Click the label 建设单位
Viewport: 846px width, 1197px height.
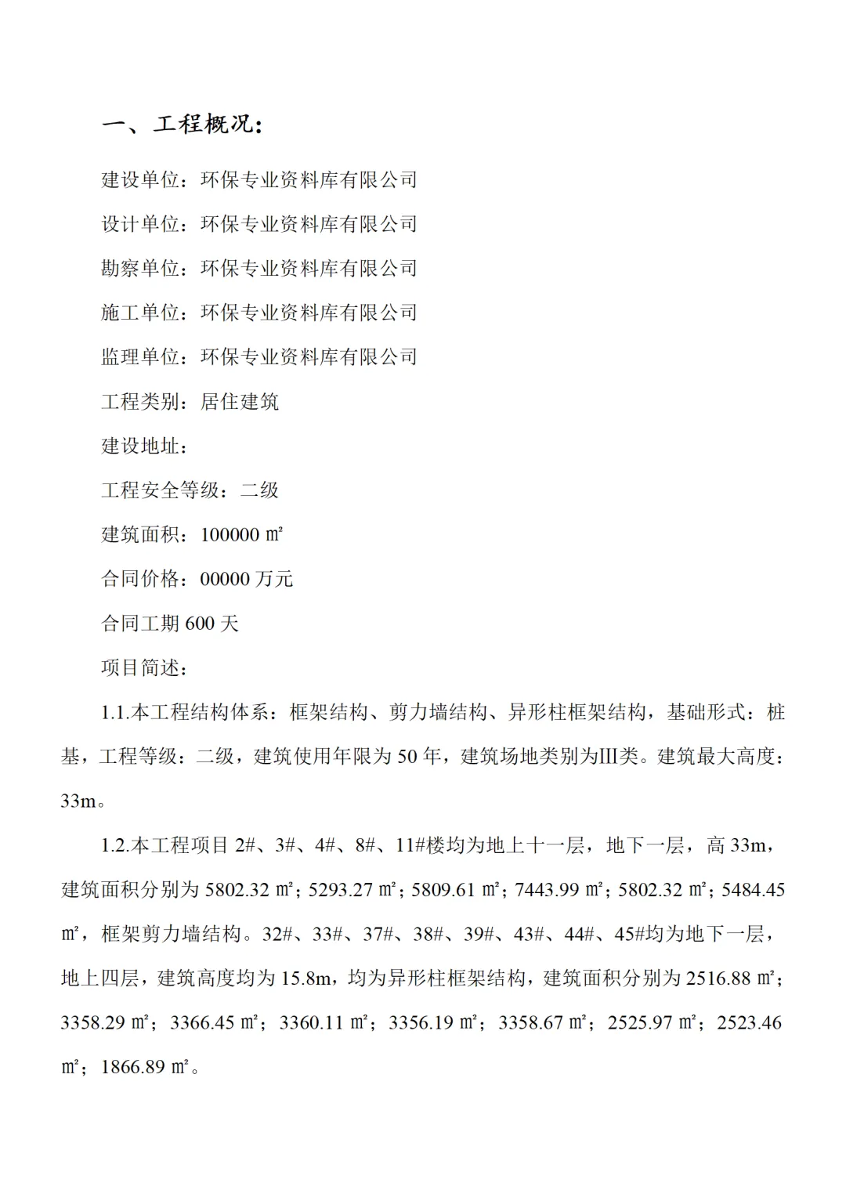(140, 180)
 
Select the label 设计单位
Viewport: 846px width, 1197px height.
(140, 225)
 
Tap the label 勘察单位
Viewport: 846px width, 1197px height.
(140, 269)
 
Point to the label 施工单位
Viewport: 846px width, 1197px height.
(140, 313)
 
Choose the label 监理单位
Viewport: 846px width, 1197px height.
(140, 357)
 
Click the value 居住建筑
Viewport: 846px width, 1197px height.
(240, 402)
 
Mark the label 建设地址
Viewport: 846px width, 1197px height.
(140, 447)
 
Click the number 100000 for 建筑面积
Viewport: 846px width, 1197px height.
(230, 535)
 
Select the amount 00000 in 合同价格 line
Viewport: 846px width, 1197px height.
(224, 580)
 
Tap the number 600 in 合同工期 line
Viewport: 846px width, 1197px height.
(200, 624)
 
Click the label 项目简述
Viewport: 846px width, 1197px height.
(140, 668)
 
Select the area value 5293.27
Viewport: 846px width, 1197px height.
(340, 890)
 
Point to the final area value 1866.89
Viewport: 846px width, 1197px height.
(133, 1067)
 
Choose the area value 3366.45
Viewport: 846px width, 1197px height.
(201, 1023)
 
